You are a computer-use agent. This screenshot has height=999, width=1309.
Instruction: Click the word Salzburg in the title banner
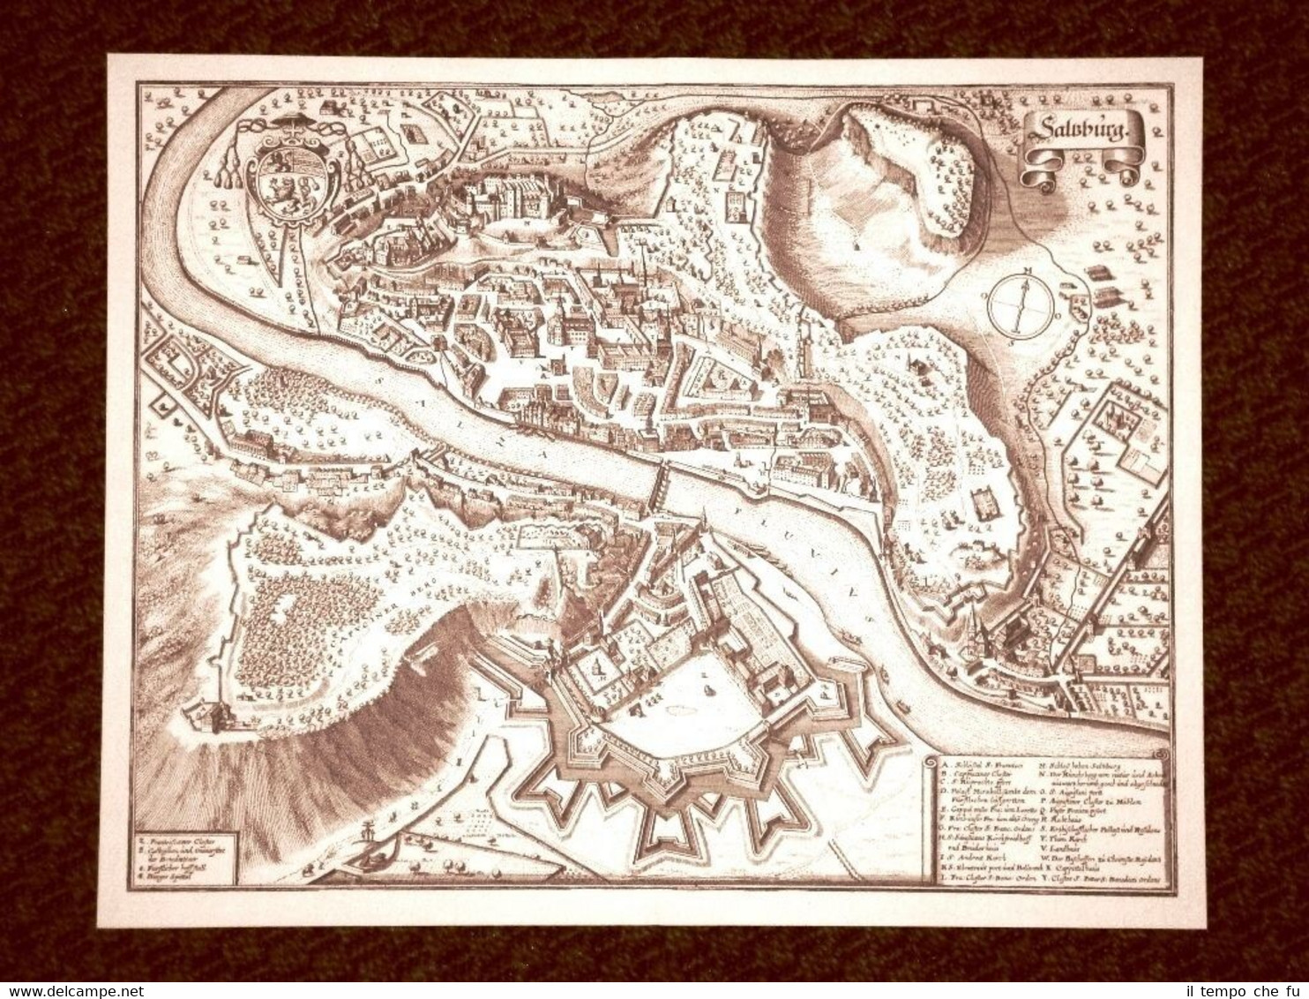pyautogui.click(x=1085, y=131)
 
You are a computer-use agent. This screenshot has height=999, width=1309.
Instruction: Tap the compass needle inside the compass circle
pyautogui.click(x=1022, y=304)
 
